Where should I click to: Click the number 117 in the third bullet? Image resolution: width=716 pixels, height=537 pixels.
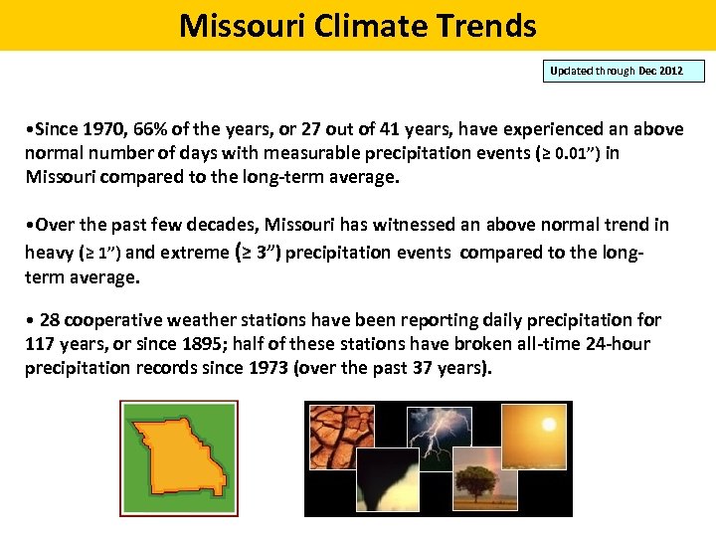pos(43,344)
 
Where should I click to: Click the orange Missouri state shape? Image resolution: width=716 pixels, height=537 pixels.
pos(179,458)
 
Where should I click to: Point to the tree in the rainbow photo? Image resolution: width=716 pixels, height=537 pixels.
pos(474,485)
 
